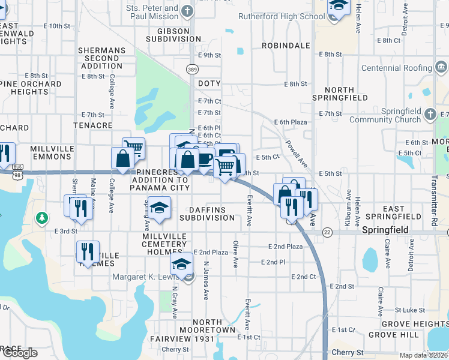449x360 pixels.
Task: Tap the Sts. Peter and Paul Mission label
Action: pos(153,13)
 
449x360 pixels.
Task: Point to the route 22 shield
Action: pos(327,232)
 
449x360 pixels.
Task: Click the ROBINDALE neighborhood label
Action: pos(286,45)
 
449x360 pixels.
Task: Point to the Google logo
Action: pos(19,353)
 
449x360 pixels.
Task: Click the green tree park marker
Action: pos(42,217)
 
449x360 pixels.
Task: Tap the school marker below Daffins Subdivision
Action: pos(159,208)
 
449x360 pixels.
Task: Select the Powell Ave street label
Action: pos(296,154)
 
